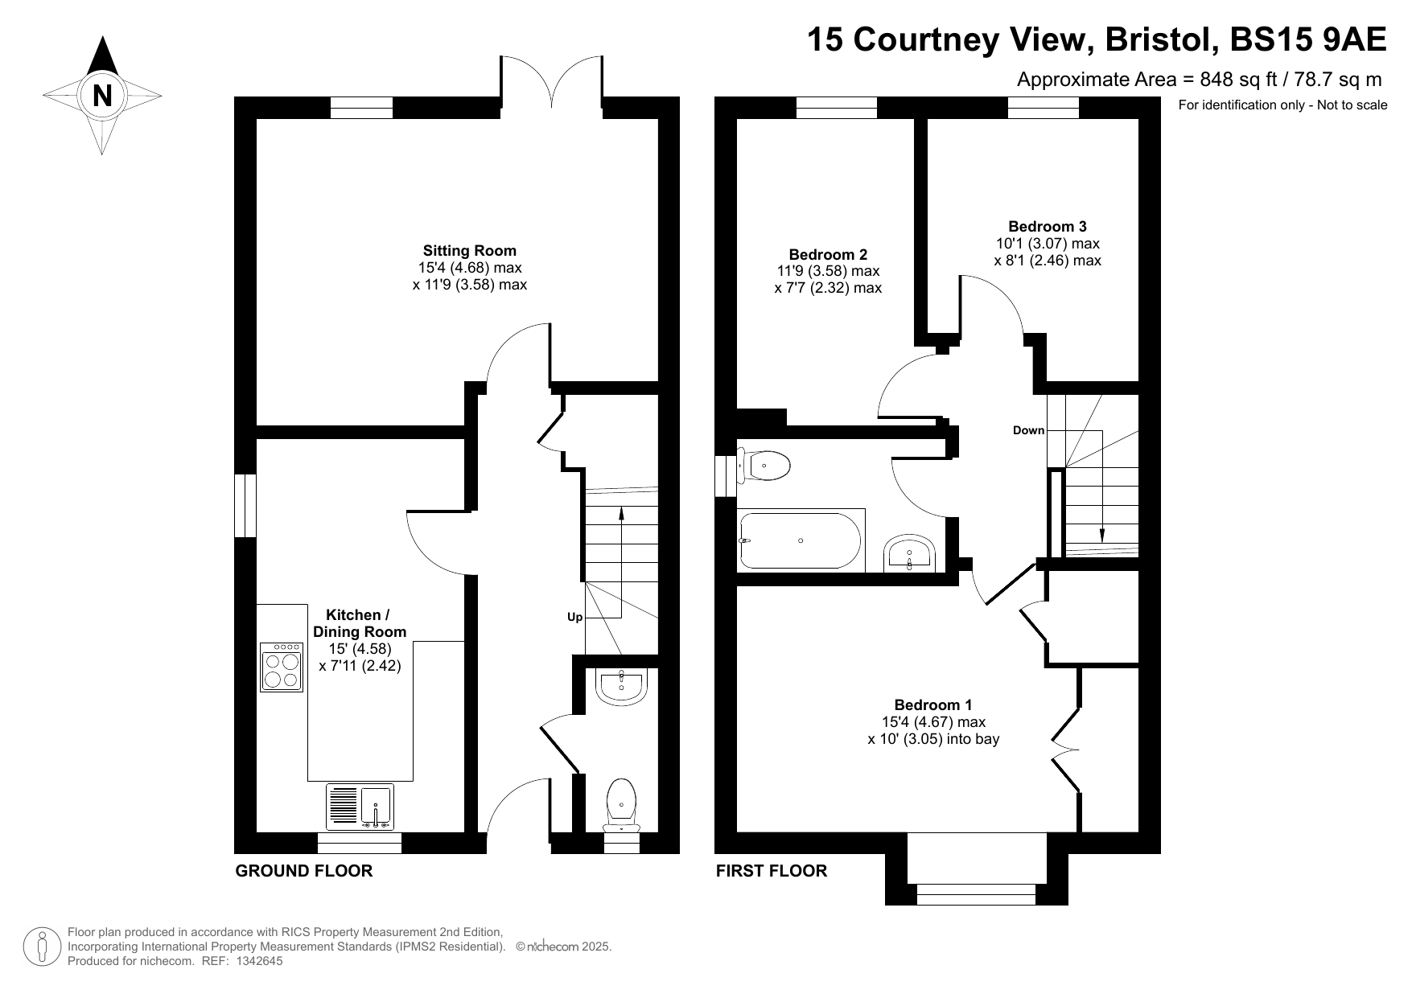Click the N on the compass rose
(x=102, y=96)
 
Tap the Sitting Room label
(x=470, y=251)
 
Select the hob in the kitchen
(x=282, y=667)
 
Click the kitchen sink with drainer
(x=360, y=807)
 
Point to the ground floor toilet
(x=621, y=805)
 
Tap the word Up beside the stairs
(x=574, y=618)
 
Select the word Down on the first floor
(x=1028, y=430)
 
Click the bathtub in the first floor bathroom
(x=801, y=540)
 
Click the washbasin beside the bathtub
(x=910, y=552)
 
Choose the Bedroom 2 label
(x=828, y=254)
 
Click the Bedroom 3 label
(x=1048, y=227)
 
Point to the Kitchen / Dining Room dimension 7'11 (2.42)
(x=360, y=666)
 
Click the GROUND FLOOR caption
(x=304, y=871)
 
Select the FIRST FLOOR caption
(x=772, y=871)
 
